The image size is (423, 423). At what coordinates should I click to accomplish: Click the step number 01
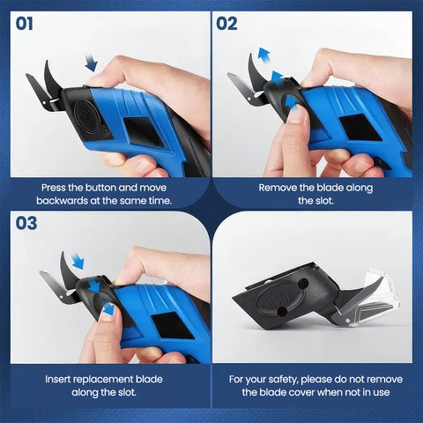[24, 24]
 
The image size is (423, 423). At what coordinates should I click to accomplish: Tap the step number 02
[226, 24]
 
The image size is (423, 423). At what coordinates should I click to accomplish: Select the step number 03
[26, 223]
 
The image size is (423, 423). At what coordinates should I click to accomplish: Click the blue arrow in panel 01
[91, 63]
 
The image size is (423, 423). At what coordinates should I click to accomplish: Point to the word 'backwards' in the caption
[62, 201]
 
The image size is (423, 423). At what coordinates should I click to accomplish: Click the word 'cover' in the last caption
[301, 392]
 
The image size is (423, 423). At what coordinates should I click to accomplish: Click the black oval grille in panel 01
[85, 116]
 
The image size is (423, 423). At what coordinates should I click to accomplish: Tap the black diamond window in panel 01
[143, 131]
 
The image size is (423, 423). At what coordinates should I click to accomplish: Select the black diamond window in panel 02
[360, 128]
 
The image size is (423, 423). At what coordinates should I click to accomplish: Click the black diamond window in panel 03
[173, 325]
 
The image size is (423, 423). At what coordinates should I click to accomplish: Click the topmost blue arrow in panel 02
[263, 55]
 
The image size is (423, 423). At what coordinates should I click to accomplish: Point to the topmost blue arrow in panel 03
[78, 261]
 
